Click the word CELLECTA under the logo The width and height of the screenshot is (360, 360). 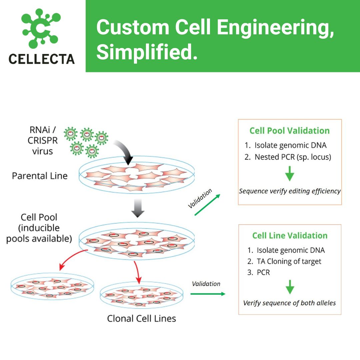[x=42, y=59]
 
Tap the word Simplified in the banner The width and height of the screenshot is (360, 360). [x=147, y=52]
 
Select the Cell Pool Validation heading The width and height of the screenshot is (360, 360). [x=289, y=131]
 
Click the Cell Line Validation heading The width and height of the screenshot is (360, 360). [x=290, y=235]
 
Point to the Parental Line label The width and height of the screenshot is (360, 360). [x=40, y=176]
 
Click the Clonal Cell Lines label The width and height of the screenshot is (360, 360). [x=141, y=318]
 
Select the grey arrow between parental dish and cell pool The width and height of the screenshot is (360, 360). [x=137, y=209]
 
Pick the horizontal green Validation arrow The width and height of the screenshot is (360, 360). [x=208, y=294]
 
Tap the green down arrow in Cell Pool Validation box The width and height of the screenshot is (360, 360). [x=290, y=173]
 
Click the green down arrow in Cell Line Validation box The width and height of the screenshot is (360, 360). [x=290, y=286]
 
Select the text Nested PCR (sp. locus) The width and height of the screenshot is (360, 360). [x=292, y=157]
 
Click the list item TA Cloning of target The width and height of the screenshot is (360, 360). [x=289, y=261]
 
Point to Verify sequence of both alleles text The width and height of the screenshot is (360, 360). [x=289, y=303]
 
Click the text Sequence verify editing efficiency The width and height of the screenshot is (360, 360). [x=290, y=191]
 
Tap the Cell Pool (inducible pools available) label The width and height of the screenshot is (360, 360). [x=39, y=228]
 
